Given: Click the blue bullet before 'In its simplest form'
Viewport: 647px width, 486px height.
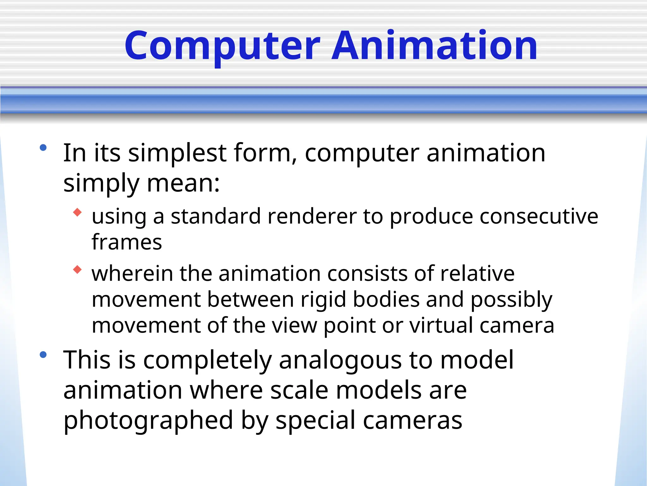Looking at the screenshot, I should (43, 147).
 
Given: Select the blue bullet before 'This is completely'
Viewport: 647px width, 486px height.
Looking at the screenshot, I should (43, 355).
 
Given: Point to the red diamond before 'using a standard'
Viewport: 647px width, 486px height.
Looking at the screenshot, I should (77, 212).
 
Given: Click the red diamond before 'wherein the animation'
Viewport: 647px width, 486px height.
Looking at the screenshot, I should (77, 270).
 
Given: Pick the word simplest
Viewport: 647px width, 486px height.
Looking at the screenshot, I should (177, 153).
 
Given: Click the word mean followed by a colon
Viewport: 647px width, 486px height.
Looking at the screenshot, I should (183, 184).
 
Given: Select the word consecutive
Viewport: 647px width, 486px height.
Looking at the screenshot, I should (539, 217).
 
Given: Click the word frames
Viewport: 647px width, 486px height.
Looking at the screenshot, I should (127, 242).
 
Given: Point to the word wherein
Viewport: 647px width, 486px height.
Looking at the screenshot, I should (132, 274).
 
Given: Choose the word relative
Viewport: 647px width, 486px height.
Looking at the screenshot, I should (477, 274).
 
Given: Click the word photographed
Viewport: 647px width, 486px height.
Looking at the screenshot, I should (148, 421).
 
